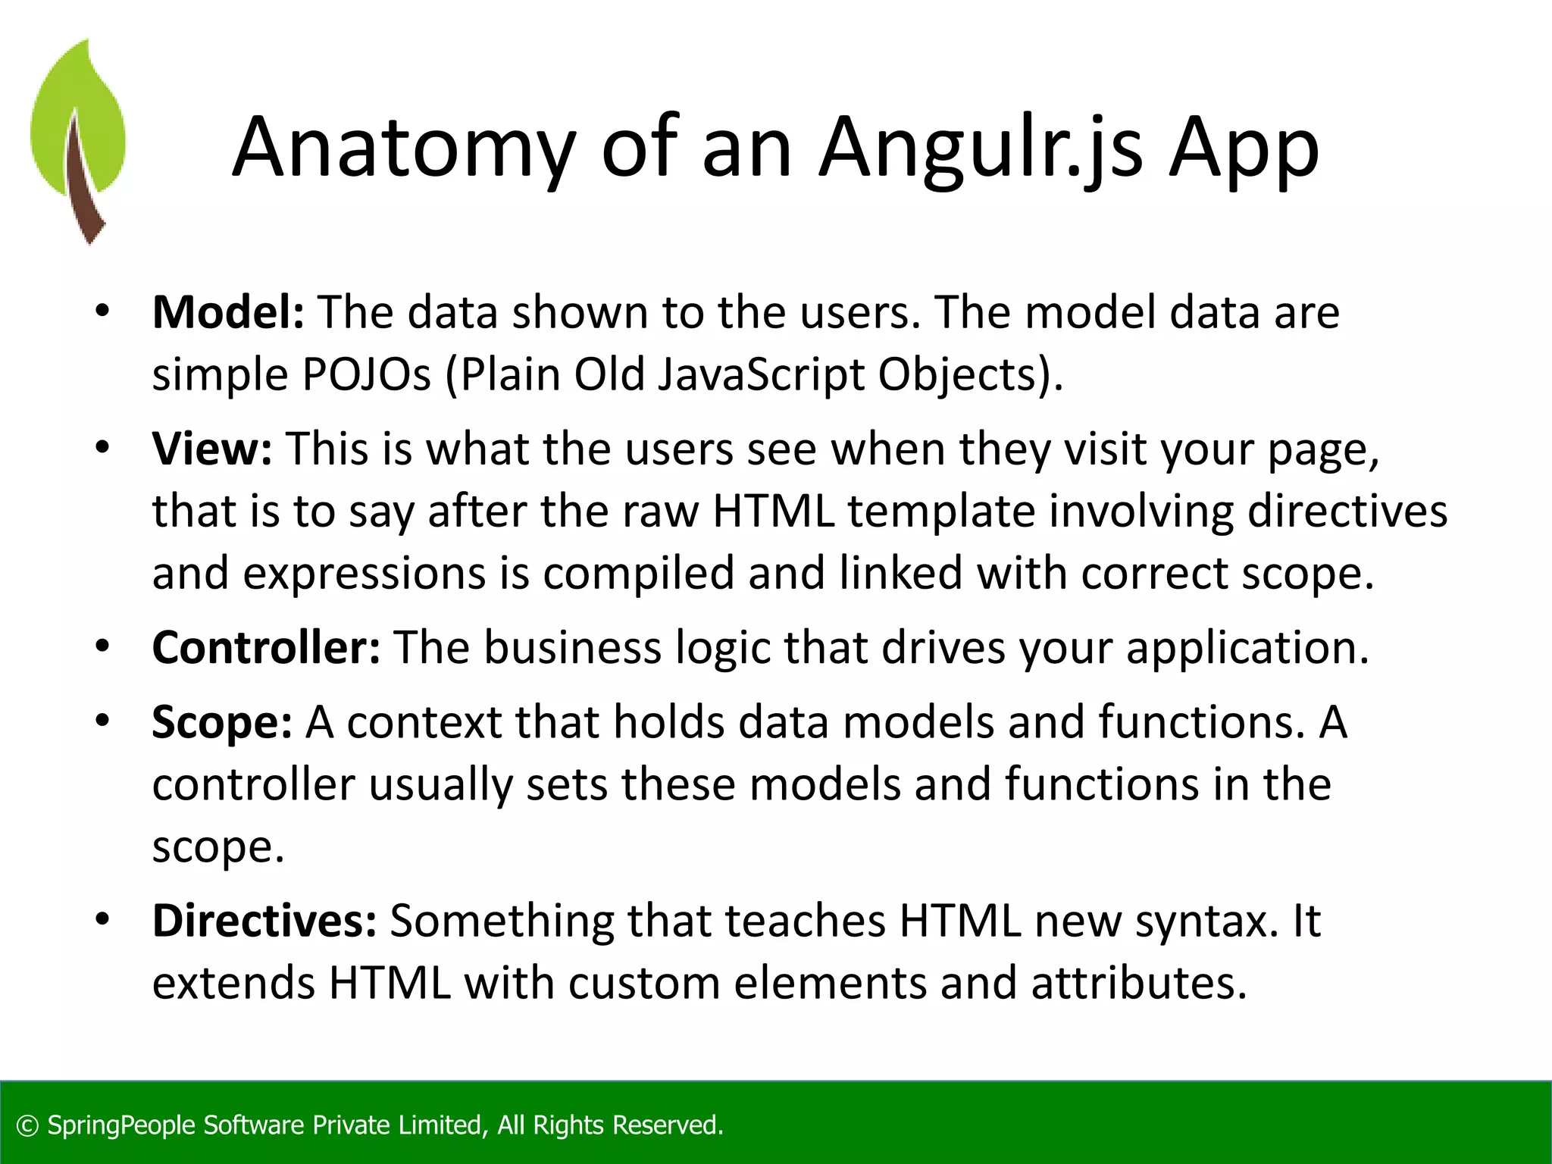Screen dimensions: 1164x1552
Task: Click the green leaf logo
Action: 77,140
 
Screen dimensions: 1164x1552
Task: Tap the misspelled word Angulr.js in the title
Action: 981,148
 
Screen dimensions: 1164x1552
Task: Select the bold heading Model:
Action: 228,312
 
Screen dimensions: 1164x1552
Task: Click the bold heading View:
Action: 211,449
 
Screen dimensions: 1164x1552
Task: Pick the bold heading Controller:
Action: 266,647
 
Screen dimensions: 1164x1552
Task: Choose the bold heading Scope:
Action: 222,721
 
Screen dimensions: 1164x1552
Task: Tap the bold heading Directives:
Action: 264,921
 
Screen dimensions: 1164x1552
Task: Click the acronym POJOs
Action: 367,374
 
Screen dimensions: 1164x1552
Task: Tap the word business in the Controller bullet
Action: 572,647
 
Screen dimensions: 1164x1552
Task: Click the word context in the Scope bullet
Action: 424,721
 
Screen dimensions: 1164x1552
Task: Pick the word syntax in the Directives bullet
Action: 1200,921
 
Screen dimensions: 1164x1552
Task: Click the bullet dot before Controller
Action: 103,646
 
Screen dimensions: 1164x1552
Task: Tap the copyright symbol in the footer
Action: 27,1125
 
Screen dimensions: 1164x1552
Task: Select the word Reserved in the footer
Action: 667,1125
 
